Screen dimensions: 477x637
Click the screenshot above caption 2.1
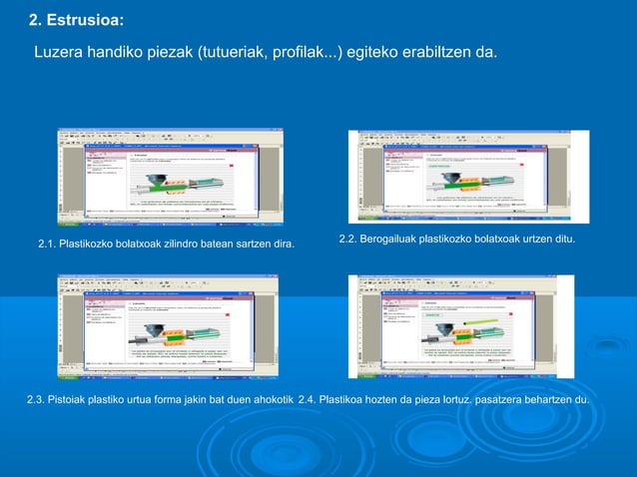[170, 177]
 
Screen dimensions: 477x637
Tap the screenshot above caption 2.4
[460, 326]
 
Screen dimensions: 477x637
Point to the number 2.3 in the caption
[36, 400]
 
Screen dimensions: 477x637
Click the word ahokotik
[269, 400]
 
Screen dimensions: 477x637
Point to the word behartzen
[545, 400]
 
